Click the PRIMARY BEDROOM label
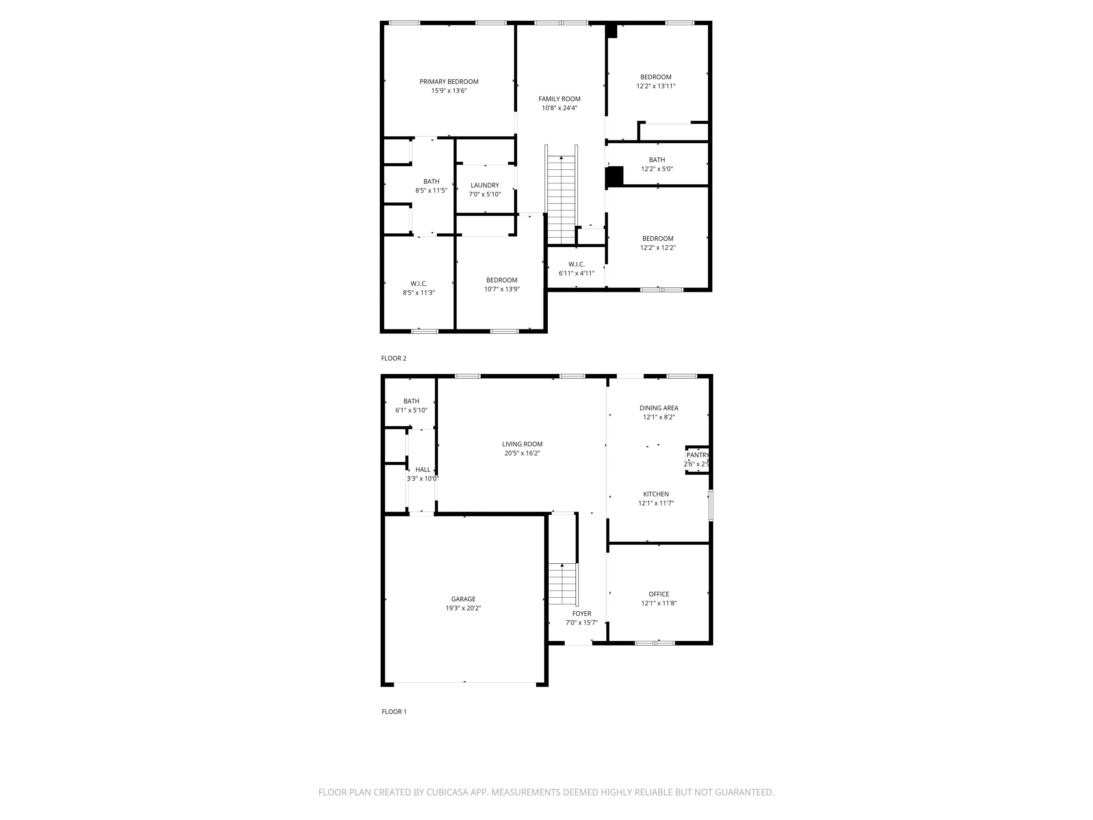449,82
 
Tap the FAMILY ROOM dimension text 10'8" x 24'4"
559,108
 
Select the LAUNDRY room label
485,185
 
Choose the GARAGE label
463,599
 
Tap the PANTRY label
697,455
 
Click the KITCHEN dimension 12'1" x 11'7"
656,503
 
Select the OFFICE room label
659,594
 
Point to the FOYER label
582,613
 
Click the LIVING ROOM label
522,444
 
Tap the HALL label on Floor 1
422,469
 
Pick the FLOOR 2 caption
393,358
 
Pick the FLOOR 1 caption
394,712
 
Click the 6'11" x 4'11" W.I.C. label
576,264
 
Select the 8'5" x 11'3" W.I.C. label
418,284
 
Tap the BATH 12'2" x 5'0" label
657,160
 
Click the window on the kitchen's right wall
711,505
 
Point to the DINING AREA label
659,408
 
